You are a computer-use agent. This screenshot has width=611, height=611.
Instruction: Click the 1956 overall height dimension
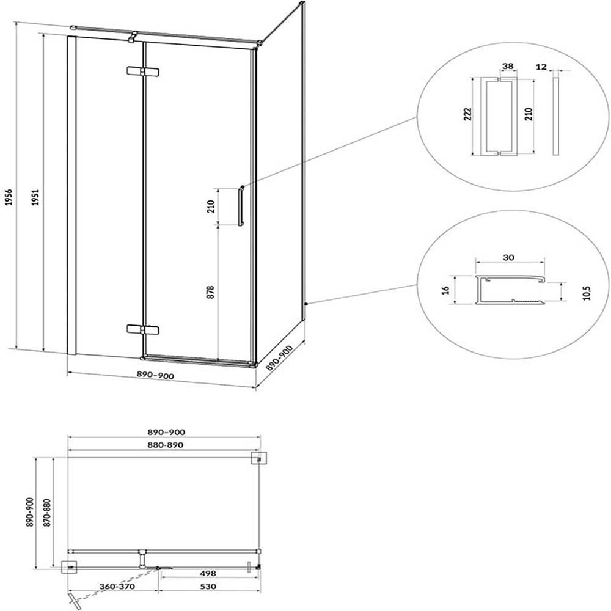pos(9,197)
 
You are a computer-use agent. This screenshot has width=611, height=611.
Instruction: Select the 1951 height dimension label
pos(36,197)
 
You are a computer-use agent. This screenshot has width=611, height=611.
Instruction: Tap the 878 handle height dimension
pos(210,292)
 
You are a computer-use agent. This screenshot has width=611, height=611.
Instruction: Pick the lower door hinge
pos(143,329)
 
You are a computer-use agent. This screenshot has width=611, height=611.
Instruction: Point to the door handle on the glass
pos(241,206)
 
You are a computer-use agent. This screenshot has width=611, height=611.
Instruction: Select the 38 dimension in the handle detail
pos(508,66)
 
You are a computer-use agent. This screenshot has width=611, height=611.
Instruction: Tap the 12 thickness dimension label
pos(541,67)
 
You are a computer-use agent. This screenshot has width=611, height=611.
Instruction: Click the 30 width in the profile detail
pos(509,257)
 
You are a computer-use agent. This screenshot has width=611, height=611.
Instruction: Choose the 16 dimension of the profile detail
pos(446,290)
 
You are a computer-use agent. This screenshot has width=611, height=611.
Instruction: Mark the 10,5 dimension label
pos(587,292)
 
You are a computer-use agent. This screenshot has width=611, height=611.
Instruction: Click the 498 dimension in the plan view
pos(208,573)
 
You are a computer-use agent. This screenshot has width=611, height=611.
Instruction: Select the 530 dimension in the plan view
pos(208,586)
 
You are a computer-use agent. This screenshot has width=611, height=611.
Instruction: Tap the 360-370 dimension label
pos(117,586)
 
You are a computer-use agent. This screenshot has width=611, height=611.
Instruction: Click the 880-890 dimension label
pos(165,445)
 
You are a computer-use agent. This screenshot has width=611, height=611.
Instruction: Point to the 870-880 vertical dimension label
pos(47,513)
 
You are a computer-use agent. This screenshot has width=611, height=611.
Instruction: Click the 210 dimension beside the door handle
pos(211,206)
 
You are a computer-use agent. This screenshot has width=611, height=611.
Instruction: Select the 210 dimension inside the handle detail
pos(529,114)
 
